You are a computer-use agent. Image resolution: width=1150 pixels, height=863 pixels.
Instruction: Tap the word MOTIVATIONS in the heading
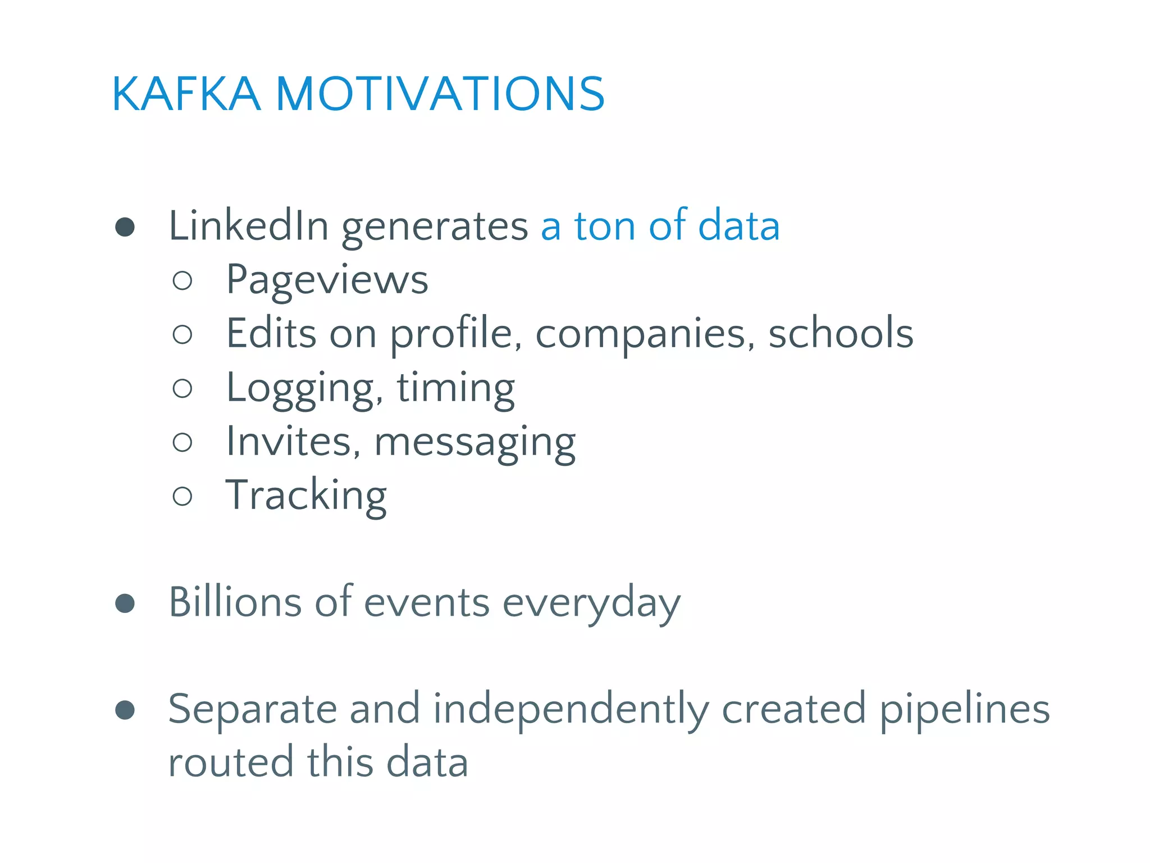[440, 94]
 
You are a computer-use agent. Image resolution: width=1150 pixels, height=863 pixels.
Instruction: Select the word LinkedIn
[248, 225]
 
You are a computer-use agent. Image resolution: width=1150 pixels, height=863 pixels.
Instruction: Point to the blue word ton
[604, 225]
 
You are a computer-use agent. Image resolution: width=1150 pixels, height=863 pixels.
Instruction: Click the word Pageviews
[327, 280]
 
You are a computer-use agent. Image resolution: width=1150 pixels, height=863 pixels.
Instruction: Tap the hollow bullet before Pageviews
[182, 280]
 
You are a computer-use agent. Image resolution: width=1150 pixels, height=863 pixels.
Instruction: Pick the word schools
[841, 333]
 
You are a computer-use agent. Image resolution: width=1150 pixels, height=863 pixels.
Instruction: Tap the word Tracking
[306, 496]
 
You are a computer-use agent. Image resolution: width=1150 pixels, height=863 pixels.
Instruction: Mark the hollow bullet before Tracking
[182, 496]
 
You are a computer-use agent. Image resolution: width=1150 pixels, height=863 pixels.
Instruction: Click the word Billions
[235, 602]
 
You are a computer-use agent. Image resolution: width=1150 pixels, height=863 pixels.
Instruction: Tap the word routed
[230, 762]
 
